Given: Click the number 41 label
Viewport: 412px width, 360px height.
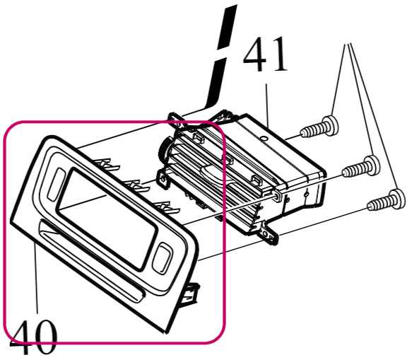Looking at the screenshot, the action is pos(265,54).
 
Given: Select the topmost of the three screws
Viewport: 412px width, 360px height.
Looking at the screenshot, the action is pos(319,127).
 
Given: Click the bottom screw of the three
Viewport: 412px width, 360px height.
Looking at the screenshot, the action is pos(386,200).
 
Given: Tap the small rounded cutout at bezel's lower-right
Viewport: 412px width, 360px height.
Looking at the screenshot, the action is pos(163,258).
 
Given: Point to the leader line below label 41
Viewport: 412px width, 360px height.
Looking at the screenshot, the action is pos(267,105).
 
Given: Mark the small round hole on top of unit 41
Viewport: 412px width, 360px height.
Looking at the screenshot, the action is pos(264,137).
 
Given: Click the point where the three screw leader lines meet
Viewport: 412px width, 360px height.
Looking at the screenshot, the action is pos(348,44).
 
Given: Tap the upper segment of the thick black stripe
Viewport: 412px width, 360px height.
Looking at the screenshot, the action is pos(228,27).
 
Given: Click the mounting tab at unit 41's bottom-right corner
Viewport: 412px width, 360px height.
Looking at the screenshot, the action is pos(267,233).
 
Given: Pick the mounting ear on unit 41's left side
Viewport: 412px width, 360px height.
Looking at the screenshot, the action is pos(163,179).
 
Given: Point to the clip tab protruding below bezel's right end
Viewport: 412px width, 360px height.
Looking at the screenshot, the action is pos(189,294).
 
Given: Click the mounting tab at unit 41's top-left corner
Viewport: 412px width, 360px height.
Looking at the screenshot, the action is pos(177,119).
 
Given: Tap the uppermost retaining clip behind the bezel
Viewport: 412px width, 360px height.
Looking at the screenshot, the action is pos(108,164).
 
